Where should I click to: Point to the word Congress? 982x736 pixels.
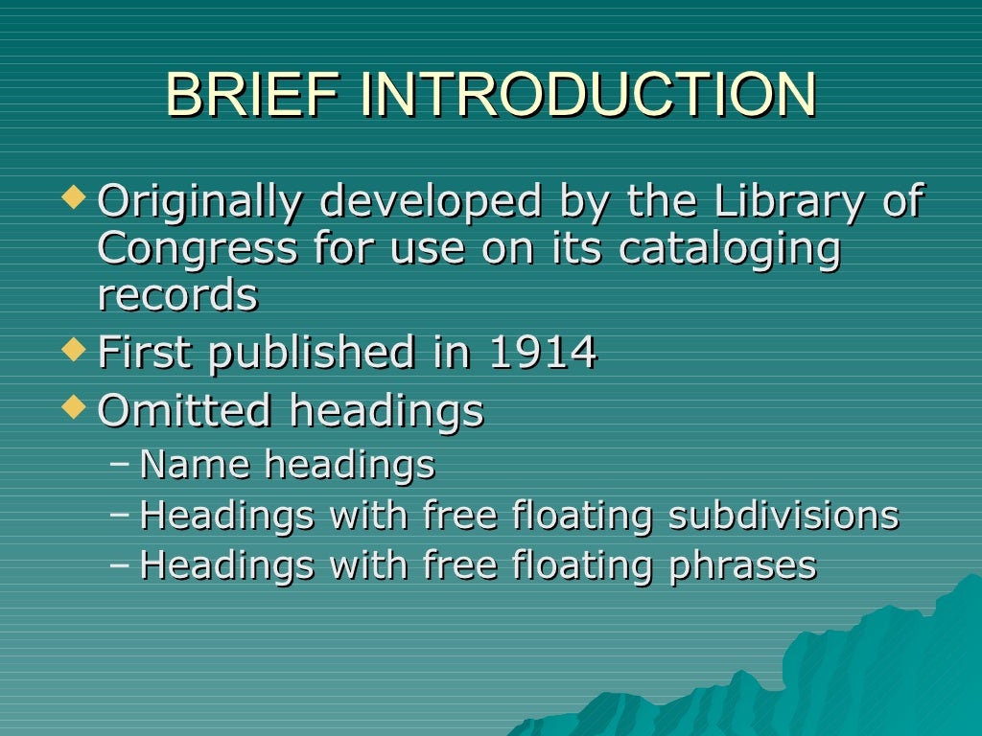pyautogui.click(x=198, y=249)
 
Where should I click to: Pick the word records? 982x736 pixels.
pyautogui.click(x=177, y=295)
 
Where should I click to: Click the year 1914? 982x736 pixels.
pyautogui.click(x=543, y=353)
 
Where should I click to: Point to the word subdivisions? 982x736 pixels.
pyautogui.click(x=783, y=516)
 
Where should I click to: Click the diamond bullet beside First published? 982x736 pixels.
pyautogui.click(x=74, y=350)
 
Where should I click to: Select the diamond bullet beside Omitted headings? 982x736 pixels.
pyautogui.click(x=74, y=407)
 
